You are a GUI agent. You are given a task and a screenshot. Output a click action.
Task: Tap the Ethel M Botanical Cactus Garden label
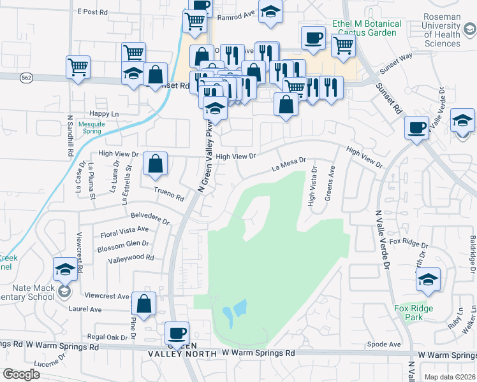coord(367,28)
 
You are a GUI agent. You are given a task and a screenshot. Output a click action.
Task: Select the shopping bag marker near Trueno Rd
coord(155,164)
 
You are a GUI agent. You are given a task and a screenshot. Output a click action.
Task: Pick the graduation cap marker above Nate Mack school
coord(65,270)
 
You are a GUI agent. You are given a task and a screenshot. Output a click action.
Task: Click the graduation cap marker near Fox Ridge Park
coord(428,279)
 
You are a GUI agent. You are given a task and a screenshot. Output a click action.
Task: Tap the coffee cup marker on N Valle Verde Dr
coord(416,127)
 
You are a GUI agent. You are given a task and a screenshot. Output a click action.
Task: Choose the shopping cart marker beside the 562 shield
coord(78,66)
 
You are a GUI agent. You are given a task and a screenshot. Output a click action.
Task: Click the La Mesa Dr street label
coord(288,167)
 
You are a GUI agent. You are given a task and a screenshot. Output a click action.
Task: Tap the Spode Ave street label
coord(385,344)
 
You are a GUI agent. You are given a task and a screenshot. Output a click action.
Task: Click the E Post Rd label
coord(93,11)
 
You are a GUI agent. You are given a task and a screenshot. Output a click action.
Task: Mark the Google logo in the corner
coord(21,374)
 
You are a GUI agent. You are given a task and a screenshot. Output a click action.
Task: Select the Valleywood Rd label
coord(131,258)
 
